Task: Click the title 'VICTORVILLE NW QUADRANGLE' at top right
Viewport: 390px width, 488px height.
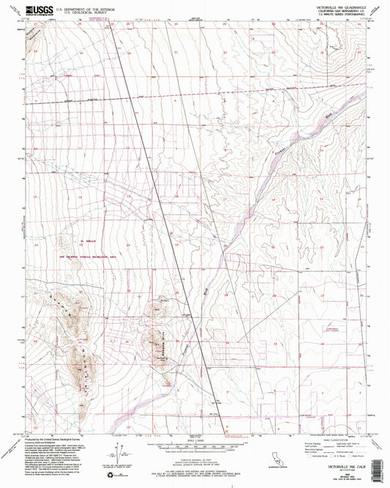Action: (x=326, y=7)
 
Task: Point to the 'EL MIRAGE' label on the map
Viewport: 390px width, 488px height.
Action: (x=75, y=246)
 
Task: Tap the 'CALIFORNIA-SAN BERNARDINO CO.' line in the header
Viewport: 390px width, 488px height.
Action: (x=326, y=11)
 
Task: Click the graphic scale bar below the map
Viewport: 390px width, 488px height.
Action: (x=195, y=446)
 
